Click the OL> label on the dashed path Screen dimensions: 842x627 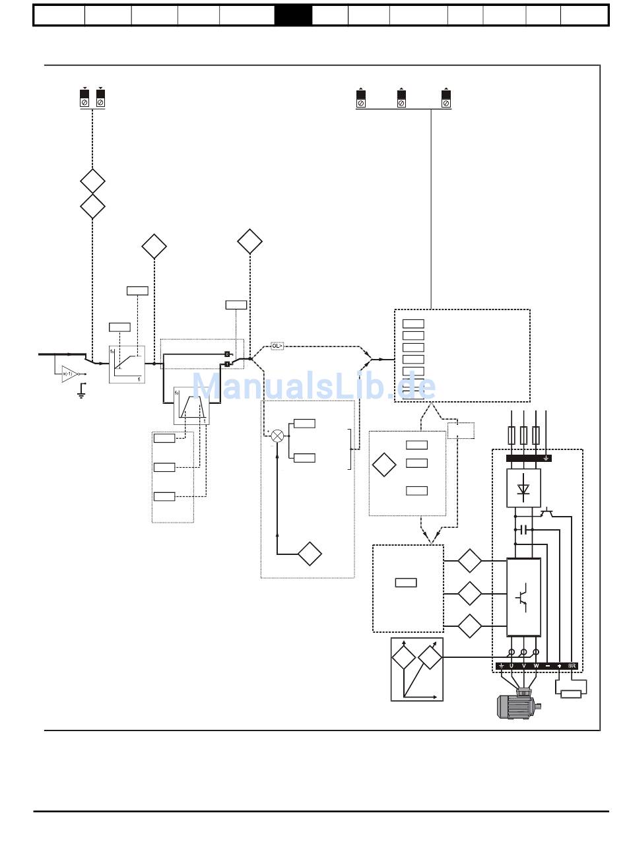point(277,346)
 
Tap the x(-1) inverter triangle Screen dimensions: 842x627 point(69,373)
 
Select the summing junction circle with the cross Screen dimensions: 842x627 point(278,436)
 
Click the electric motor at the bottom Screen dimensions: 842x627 point(518,705)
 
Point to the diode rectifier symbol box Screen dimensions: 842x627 point(523,488)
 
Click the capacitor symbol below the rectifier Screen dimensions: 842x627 point(523,529)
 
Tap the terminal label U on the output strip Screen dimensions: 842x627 point(511,666)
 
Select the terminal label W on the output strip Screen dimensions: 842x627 point(536,666)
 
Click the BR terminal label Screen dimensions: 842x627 point(572,666)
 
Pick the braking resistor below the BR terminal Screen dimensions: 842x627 point(570,694)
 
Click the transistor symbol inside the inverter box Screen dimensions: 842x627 point(523,596)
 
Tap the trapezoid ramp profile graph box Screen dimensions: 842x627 point(191,406)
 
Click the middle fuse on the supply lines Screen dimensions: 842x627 point(523,436)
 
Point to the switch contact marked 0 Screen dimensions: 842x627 point(226,354)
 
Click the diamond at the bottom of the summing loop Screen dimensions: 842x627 point(310,554)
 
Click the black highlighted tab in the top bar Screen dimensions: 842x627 point(293,15)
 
